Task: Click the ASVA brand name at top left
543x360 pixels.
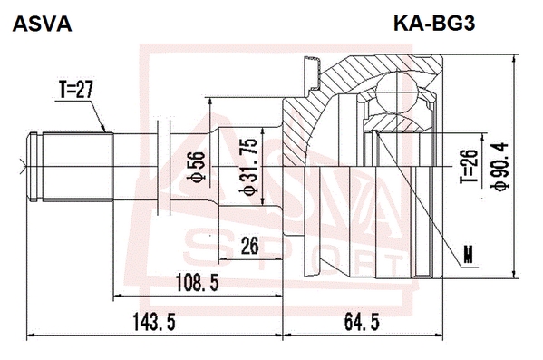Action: pyautogui.click(x=43, y=24)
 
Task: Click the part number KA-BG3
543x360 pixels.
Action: pyautogui.click(x=434, y=24)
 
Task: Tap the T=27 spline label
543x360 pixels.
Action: pyautogui.click(x=76, y=90)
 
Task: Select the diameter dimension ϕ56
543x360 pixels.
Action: pyautogui.click(x=197, y=167)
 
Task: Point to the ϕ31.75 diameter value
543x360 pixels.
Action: pyautogui.click(x=250, y=167)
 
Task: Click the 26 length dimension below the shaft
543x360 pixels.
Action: pyautogui.click(x=249, y=246)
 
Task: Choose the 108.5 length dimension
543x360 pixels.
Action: pyautogui.click(x=198, y=283)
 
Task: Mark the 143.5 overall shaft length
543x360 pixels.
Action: pyautogui.click(x=154, y=322)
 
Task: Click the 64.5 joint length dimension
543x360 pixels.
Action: pyautogui.click(x=362, y=322)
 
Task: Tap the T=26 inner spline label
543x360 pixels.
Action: pyautogui.click(x=469, y=167)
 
